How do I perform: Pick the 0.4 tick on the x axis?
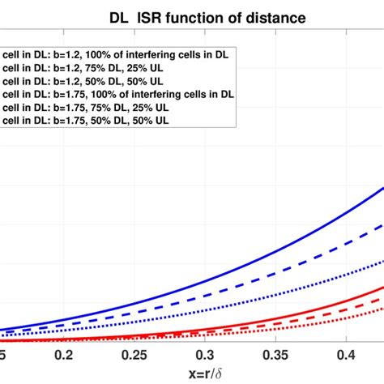point(347,356)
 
